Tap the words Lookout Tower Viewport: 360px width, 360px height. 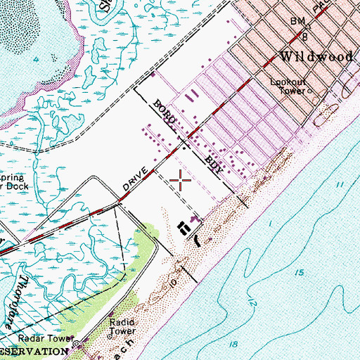click(289, 85)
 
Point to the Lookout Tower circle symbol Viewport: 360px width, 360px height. click(308, 91)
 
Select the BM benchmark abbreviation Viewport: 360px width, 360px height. click(297, 22)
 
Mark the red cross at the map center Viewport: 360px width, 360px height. click(181, 181)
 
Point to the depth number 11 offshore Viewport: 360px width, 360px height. click(341, 184)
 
